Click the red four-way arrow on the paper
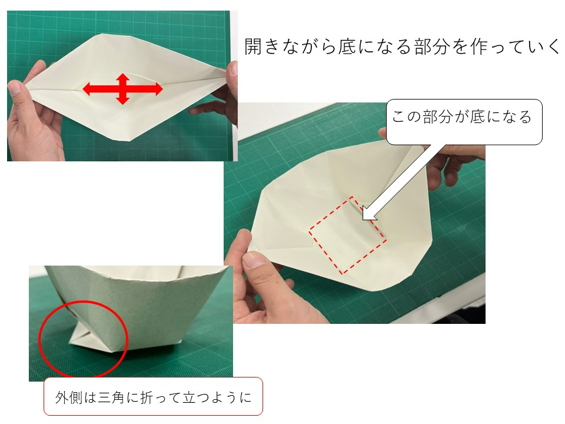coord(122,89)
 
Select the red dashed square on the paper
coord(348,234)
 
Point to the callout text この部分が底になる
coord(461,117)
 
